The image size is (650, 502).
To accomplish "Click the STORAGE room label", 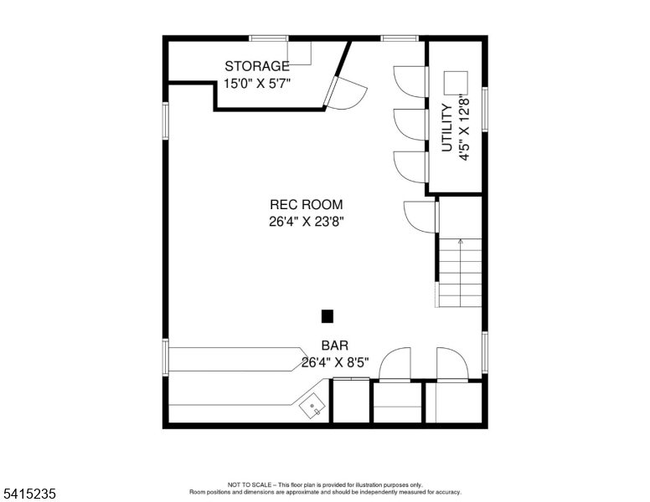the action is (x=257, y=66).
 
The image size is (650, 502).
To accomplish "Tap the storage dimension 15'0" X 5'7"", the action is (x=257, y=84).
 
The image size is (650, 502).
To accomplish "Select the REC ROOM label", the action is (x=307, y=205).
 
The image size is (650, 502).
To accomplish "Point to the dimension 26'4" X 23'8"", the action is (x=307, y=222).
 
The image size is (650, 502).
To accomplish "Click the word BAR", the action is (x=335, y=346).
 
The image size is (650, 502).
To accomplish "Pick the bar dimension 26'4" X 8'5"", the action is (x=335, y=363).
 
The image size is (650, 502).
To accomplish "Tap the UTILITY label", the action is (x=447, y=128).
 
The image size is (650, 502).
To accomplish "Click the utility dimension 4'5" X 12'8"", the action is (x=463, y=128).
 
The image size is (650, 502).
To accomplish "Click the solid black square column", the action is (x=328, y=316).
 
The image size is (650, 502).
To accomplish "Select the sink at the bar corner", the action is (x=312, y=406).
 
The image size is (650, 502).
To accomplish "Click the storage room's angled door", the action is (x=344, y=94).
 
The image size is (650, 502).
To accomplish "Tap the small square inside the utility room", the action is (x=456, y=83).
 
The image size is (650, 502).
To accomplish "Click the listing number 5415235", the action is (x=30, y=494).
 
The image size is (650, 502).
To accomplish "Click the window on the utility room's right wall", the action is (x=485, y=110).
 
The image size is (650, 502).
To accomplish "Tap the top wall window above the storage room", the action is (x=269, y=38).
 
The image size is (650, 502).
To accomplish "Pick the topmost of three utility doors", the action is (x=410, y=82).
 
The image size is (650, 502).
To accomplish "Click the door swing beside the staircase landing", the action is (x=420, y=217).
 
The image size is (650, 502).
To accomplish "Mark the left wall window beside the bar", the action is (x=165, y=357).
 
